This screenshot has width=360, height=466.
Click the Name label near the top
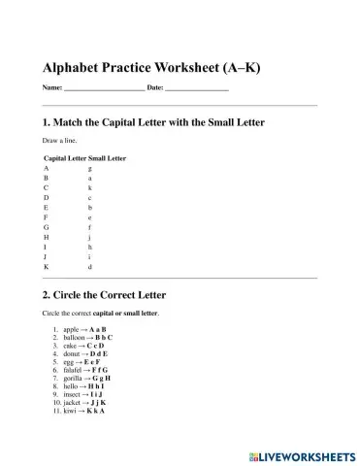pyautogui.click(x=51, y=88)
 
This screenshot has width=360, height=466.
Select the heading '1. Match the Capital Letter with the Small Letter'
pyautogui.click(x=154, y=123)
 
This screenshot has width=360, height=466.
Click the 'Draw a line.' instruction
pyautogui.click(x=60, y=142)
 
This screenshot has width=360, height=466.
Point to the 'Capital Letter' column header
pyautogui.click(x=65, y=158)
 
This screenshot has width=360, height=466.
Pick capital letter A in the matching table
pyautogui.click(x=47, y=169)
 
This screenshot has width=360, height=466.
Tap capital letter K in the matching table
pyautogui.click(x=47, y=266)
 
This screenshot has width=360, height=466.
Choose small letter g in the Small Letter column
pyautogui.click(x=90, y=169)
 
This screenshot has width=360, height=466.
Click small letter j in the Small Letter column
pyautogui.click(x=90, y=237)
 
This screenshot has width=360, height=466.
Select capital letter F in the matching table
pyautogui.click(x=47, y=217)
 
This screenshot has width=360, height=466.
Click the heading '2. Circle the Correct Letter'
pyautogui.click(x=105, y=294)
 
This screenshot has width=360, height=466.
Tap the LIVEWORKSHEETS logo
pyautogui.click(x=301, y=453)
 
